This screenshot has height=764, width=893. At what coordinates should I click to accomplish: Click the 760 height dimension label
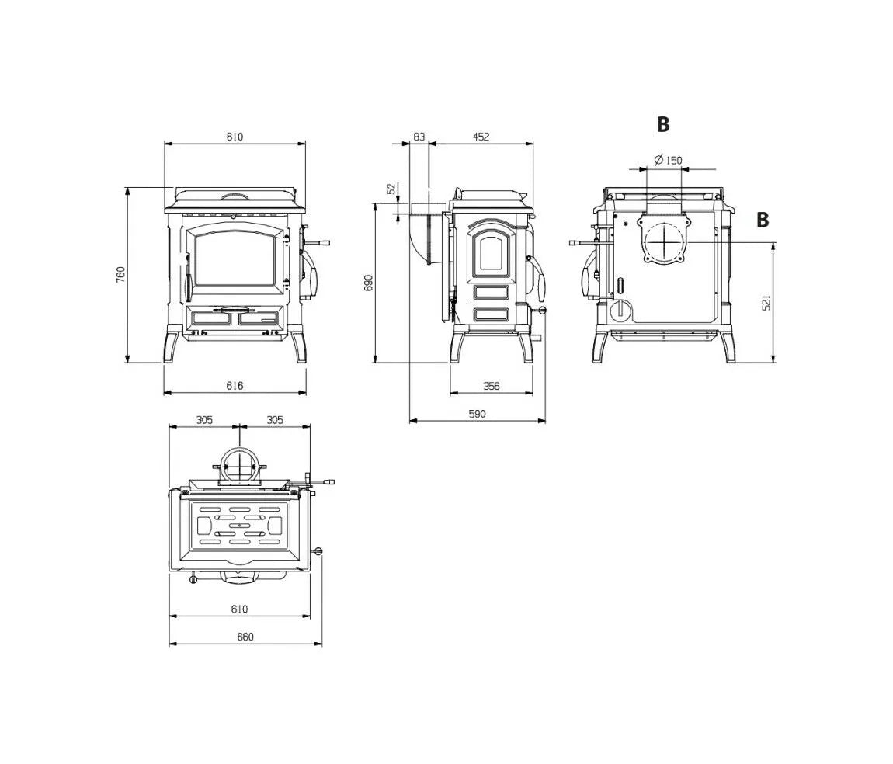click(120, 275)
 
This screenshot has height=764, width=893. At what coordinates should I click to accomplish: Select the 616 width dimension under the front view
click(235, 386)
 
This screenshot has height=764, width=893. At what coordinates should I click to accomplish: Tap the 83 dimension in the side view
click(419, 137)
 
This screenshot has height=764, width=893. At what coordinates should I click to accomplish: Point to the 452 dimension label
click(481, 137)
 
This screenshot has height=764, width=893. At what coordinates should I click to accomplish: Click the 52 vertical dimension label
click(391, 189)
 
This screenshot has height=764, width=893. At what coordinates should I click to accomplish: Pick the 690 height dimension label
click(369, 283)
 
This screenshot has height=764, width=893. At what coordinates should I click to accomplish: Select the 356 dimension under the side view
click(492, 386)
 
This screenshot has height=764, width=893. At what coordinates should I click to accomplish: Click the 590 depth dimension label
click(478, 414)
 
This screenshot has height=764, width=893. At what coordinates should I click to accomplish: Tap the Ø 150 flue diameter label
click(668, 160)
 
